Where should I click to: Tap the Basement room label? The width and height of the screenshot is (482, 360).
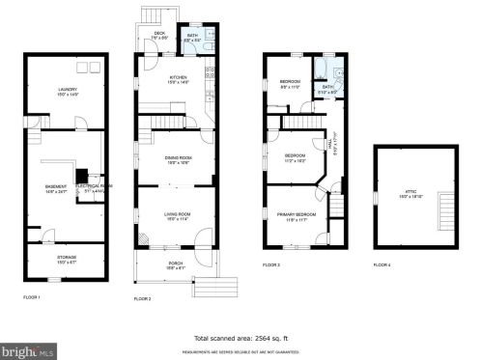[x=55, y=188]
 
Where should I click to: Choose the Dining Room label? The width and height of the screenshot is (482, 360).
[x=177, y=159]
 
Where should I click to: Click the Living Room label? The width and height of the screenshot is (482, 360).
[x=176, y=216]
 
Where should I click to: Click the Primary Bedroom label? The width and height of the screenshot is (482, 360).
[x=298, y=216]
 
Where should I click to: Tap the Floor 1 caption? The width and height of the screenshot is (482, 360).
[x=32, y=296]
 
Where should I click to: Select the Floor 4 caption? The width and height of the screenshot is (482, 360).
[x=383, y=263]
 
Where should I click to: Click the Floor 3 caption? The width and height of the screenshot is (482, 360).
[x=271, y=263]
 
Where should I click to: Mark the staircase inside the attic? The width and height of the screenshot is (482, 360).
[x=445, y=208]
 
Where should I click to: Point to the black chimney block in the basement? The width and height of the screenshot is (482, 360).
[x=82, y=177]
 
